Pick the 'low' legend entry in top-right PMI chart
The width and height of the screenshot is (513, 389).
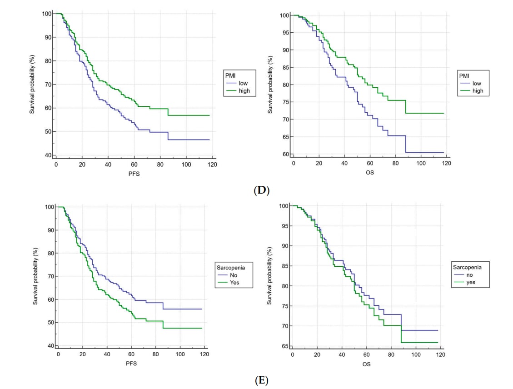tap(477, 83)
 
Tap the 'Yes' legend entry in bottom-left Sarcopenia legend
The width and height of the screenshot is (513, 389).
tap(234, 282)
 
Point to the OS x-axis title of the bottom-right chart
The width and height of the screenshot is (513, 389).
tap(366, 364)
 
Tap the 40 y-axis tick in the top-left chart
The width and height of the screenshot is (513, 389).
tap(48, 155)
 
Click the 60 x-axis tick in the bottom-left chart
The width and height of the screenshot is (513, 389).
tap(131, 354)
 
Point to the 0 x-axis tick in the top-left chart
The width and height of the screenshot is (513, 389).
tap(56, 164)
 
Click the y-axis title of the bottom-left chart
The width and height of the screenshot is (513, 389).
tap(35, 276)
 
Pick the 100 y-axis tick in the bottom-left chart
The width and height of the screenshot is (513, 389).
tap(48, 207)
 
